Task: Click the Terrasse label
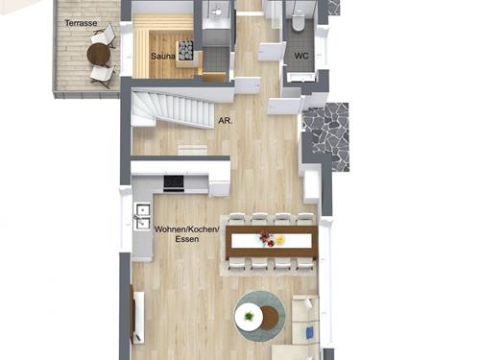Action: click(81, 23)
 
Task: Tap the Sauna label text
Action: click(163, 57)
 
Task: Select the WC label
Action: click(301, 56)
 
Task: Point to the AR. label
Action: click(226, 121)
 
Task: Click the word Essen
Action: click(187, 239)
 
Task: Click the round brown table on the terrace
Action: click(99, 55)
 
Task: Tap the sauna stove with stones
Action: click(185, 51)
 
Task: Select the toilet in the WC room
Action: click(298, 20)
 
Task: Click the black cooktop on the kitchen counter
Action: click(174, 182)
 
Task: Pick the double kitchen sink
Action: click(142, 216)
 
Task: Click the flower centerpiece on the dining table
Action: click(265, 239)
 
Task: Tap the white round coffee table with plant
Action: click(249, 317)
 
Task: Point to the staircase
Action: click(173, 109)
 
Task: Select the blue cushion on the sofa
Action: click(310, 331)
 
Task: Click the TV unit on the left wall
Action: click(137, 317)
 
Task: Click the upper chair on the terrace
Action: click(104, 36)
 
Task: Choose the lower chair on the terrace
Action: click(103, 76)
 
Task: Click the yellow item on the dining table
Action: click(279, 239)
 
